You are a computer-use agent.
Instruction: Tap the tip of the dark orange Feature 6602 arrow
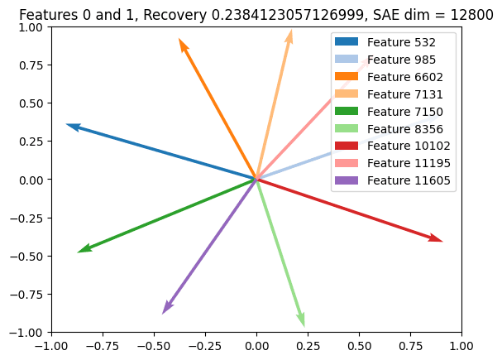tap(180, 41)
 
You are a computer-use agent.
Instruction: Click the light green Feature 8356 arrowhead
tap(303, 323)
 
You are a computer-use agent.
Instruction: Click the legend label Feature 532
tap(401, 41)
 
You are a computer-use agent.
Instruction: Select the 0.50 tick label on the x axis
tap(359, 344)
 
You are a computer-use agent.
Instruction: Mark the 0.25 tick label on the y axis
tap(31, 142)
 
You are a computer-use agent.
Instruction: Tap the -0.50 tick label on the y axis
tap(27, 256)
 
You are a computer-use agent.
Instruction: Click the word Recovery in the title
tap(165, 15)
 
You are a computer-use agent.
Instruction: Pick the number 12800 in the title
tap(476, 15)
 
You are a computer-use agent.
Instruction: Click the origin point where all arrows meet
tap(256, 180)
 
